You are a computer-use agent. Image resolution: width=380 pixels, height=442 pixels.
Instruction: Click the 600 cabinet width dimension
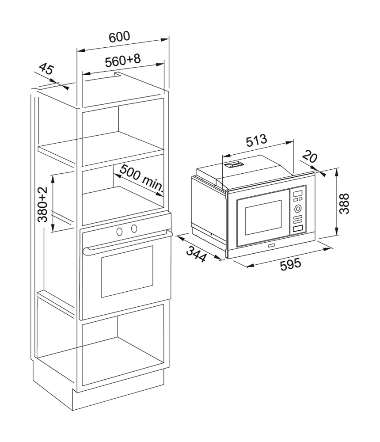click(120, 36)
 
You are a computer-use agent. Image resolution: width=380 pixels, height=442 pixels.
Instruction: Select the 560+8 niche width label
click(123, 60)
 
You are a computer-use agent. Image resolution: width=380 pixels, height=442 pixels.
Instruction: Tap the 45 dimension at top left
click(46, 69)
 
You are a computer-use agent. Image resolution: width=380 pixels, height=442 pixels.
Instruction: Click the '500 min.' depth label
click(142, 180)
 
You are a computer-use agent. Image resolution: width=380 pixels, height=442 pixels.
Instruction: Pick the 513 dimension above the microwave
click(256, 141)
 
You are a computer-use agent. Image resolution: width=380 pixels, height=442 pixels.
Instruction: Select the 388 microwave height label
click(344, 203)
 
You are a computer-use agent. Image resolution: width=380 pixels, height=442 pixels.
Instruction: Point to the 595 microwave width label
click(291, 264)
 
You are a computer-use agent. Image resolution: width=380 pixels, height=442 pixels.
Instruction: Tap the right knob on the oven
click(134, 229)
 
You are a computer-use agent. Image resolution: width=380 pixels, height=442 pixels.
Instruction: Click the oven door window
click(127, 272)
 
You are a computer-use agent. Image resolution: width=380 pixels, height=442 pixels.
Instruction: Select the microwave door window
click(263, 217)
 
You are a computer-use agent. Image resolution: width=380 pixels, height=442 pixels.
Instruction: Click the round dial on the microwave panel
click(298, 209)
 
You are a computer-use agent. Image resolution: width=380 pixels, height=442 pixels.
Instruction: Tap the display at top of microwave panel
click(298, 194)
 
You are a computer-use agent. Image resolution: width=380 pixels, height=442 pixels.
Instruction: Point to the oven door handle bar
click(128, 241)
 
